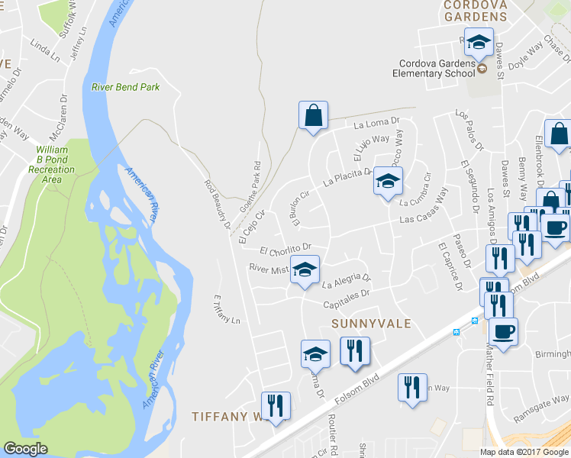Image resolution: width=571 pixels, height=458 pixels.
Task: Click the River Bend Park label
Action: coord(126,87)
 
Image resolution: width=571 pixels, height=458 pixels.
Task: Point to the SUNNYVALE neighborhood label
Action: coord(372,324)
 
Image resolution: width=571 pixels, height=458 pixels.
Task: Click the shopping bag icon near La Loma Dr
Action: coord(313,116)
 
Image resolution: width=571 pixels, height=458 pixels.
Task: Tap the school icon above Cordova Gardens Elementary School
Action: coord(479,43)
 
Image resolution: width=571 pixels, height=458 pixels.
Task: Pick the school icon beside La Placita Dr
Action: coord(388,182)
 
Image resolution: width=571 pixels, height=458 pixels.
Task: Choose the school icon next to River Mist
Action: coord(305,270)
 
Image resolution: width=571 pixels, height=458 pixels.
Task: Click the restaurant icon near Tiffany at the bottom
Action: coord(276,405)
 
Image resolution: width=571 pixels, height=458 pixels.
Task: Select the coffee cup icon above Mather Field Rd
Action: coord(503,332)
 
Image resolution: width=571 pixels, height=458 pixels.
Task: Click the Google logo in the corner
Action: coord(25,449)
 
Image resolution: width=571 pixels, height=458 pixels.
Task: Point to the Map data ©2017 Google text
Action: coord(524,452)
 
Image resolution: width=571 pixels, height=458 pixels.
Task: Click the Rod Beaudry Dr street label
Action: coord(217,204)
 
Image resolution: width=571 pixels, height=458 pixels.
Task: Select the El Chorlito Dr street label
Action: coord(286,249)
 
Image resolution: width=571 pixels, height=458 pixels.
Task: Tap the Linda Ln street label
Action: coord(45,50)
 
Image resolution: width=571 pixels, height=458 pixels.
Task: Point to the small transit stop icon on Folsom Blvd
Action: coord(456,332)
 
